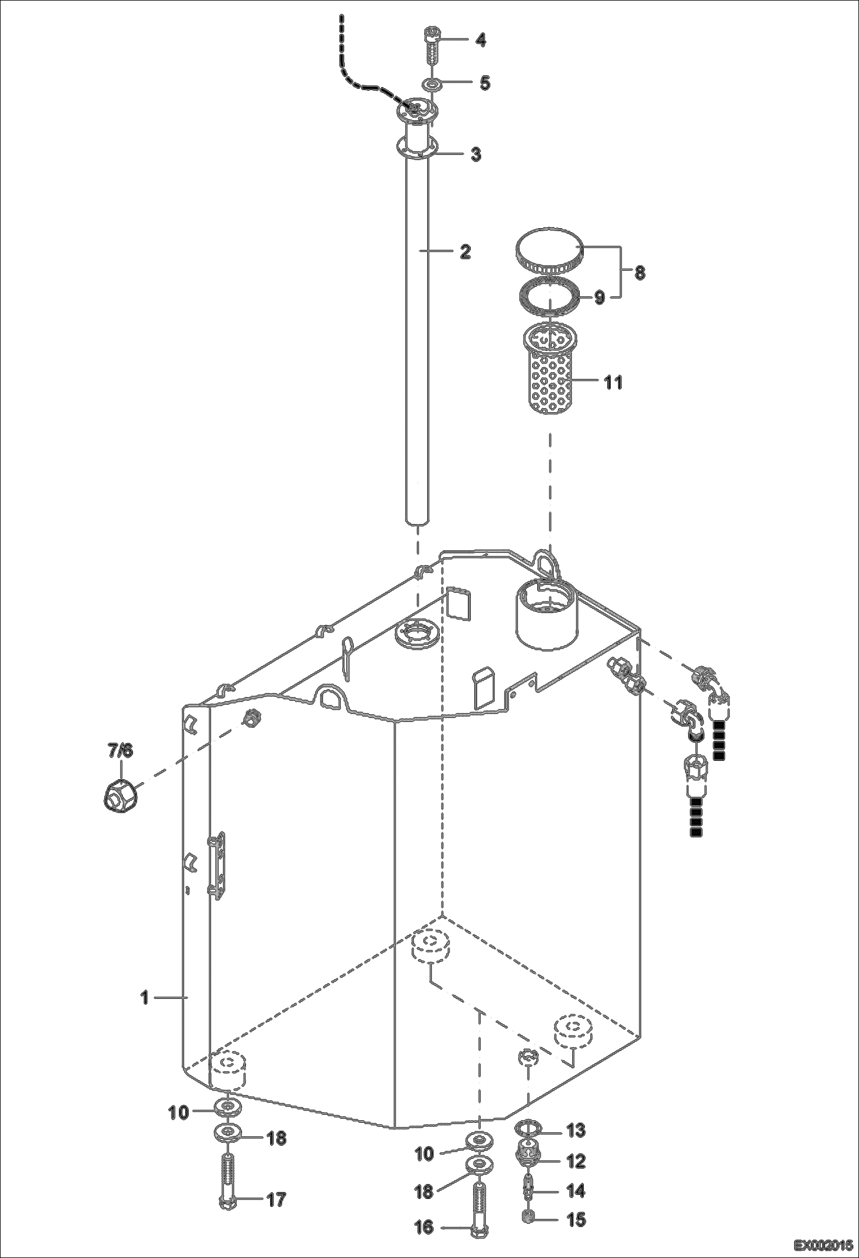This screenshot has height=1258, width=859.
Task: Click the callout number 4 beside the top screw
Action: coord(481,40)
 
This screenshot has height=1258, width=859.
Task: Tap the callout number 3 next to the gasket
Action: coord(475,155)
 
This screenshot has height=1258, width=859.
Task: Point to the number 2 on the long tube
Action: coord(465,251)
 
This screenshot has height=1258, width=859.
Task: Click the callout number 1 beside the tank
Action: coord(145,998)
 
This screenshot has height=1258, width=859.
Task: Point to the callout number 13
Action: coord(576,1130)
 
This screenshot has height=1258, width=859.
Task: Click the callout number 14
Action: coord(576,1191)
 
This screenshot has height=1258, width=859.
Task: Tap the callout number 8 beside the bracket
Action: coord(639,273)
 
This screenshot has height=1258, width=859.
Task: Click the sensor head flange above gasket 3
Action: coord(416,110)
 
